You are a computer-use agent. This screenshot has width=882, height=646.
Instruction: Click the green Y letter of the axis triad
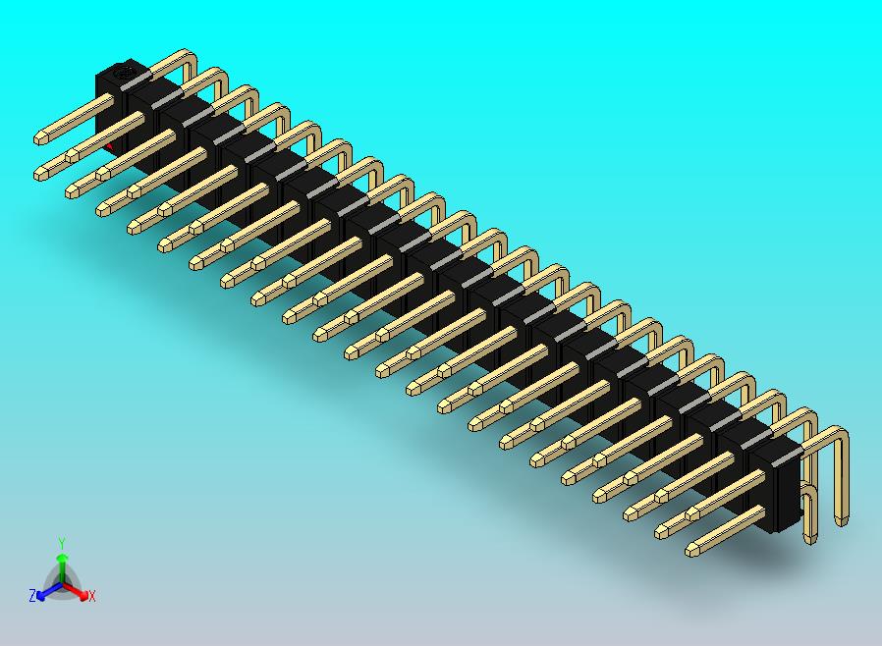(61, 543)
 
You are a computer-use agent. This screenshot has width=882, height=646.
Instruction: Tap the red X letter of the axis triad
(91, 596)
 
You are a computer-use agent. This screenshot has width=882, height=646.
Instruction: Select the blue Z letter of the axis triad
(32, 596)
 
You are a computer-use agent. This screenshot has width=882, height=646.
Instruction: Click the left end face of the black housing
(102, 108)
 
